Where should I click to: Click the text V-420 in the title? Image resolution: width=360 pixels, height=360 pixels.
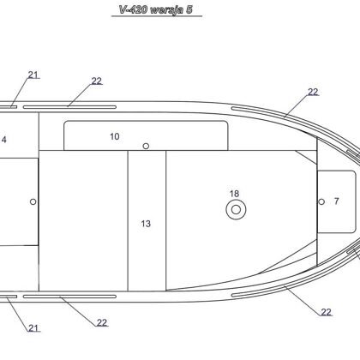click(133, 9)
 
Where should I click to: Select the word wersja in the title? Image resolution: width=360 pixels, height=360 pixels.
click(166, 10)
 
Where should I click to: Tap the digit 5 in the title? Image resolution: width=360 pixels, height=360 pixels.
click(189, 9)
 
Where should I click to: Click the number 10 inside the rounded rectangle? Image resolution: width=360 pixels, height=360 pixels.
click(115, 136)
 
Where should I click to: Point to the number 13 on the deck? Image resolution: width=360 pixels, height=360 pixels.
click(146, 224)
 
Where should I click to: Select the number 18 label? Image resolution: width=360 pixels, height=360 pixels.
click(234, 194)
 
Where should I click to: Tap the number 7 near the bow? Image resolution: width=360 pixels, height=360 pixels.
click(337, 201)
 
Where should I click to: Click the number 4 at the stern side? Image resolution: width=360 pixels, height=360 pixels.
click(4, 140)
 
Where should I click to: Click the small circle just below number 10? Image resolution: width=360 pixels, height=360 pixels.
click(146, 146)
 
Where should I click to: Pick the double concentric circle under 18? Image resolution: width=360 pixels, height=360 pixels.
click(236, 209)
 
